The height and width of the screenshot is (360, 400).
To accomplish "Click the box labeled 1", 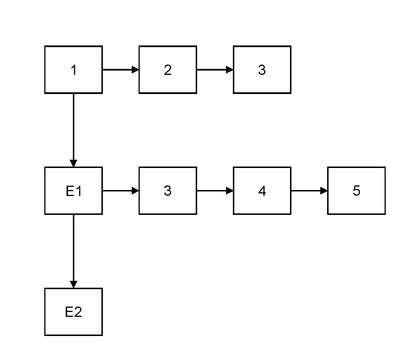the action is pyautogui.click(x=73, y=70).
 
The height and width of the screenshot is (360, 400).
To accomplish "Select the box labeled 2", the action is pyautogui.click(x=168, y=70).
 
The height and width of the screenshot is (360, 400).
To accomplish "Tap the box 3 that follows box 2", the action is pyautogui.click(x=262, y=70).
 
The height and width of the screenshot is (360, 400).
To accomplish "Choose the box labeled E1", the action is pyautogui.click(x=73, y=191).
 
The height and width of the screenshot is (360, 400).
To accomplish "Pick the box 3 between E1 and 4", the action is pyautogui.click(x=168, y=191).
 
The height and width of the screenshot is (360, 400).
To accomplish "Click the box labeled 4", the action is pyautogui.click(x=262, y=191).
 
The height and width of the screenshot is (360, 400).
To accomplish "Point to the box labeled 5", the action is pyautogui.click(x=356, y=191).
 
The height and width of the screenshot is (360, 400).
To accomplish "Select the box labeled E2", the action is pyautogui.click(x=73, y=312).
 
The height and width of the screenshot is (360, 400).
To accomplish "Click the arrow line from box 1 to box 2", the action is pyautogui.click(x=121, y=70).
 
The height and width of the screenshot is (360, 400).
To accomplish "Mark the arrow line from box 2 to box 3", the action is pyautogui.click(x=215, y=70).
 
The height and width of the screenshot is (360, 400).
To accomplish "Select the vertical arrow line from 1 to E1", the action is pyautogui.click(x=73, y=130).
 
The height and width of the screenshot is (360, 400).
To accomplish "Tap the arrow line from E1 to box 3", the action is pyautogui.click(x=121, y=191).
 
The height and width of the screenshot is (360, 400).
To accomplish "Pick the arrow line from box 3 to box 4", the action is pyautogui.click(x=215, y=191).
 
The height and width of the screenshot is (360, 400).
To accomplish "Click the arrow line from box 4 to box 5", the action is pyautogui.click(x=309, y=191).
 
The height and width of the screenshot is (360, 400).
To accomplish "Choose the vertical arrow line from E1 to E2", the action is pyautogui.click(x=73, y=251).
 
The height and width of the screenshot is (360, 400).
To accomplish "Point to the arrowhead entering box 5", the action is pyautogui.click(x=324, y=191).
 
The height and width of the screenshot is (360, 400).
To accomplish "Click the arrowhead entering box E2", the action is pyautogui.click(x=73, y=284).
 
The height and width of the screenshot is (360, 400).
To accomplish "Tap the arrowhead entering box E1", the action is pyautogui.click(x=73, y=163).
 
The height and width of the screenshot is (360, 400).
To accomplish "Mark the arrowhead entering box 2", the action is pyautogui.click(x=135, y=70).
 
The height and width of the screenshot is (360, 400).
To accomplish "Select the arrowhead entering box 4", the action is pyautogui.click(x=230, y=191).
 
